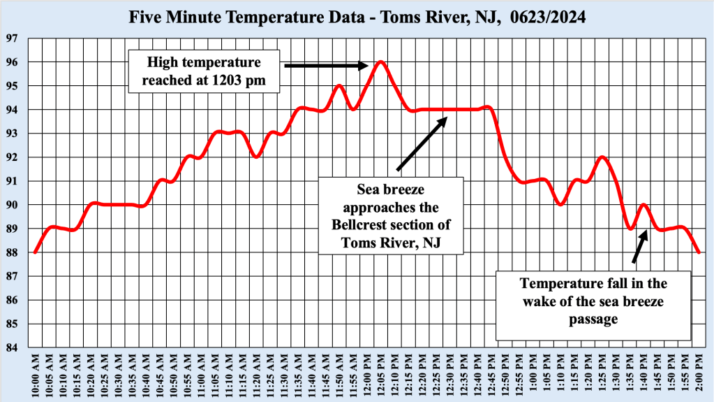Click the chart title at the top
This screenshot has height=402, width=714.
[x=357, y=16]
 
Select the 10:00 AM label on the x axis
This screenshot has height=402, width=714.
[x=35, y=375]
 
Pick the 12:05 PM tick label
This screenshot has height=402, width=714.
[x=380, y=375]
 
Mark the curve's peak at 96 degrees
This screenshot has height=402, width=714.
[x=380, y=62]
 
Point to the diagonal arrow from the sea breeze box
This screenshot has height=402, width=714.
[x=422, y=143]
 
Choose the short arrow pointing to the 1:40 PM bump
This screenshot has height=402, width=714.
[x=639, y=246]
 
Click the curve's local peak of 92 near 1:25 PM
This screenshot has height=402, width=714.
[x=602, y=157]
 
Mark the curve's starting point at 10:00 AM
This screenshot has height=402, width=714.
[x=35, y=252]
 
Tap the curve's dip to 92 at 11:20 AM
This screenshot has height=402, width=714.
[x=256, y=157]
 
